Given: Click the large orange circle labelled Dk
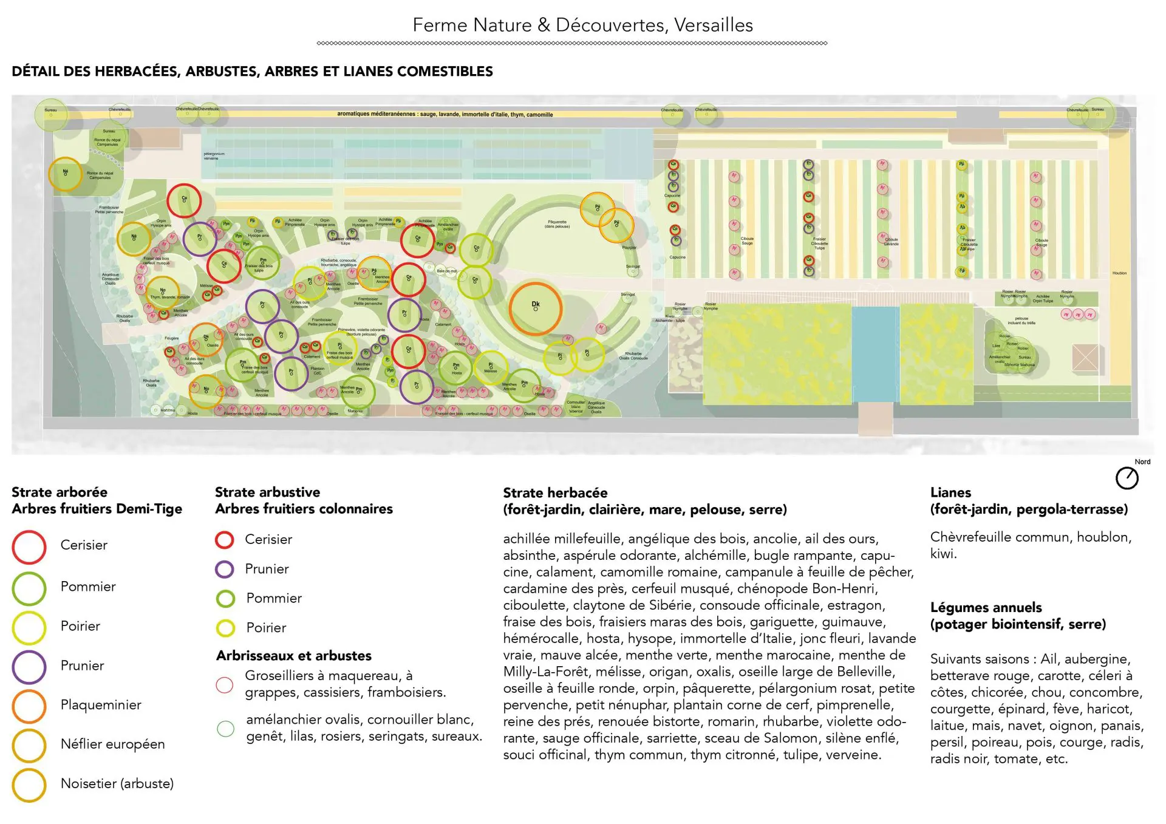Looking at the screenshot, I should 535,308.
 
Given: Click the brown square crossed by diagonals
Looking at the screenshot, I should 1085,358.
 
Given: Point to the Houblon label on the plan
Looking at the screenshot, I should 1119,273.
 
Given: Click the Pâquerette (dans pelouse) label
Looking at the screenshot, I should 557,224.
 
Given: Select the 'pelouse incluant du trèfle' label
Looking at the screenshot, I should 1021,320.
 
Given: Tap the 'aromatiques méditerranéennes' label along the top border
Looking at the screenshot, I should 445,114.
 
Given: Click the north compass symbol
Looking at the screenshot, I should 1127,478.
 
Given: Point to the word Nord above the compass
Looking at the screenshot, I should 1142,461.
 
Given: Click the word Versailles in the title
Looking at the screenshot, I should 714,25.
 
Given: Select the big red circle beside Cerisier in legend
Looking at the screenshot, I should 29,546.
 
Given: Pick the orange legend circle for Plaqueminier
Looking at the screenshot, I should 29,706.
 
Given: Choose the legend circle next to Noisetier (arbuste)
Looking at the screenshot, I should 29,785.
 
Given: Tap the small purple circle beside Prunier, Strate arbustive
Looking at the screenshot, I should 225,569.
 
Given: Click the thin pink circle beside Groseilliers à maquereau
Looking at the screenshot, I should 225,685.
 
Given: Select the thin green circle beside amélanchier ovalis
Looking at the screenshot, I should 225,729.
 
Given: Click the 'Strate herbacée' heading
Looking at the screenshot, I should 555,492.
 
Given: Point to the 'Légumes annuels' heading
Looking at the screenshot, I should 986,607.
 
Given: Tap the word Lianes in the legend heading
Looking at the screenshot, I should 950,492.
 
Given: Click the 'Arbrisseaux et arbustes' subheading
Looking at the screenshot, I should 294,656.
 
